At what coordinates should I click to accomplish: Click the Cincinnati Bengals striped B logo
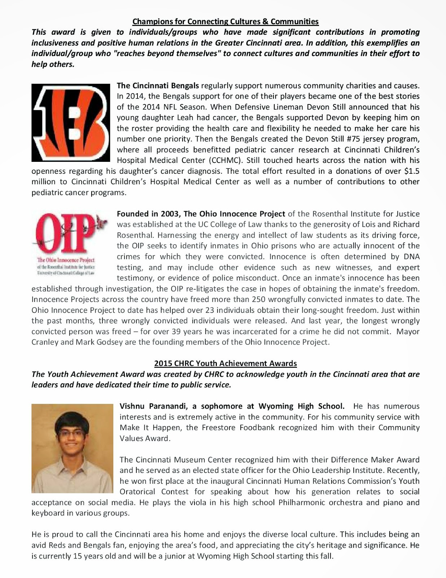71,122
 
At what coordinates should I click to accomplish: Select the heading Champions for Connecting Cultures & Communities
226,21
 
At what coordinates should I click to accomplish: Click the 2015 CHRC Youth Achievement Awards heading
226,363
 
